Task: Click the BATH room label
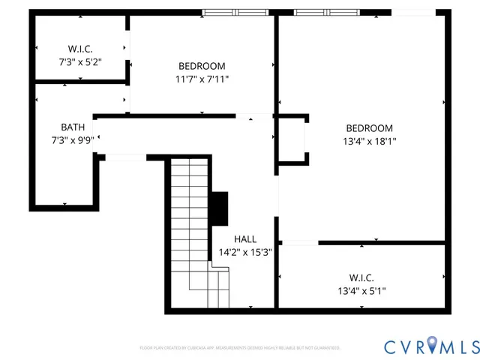point(73,127)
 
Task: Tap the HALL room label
point(245,239)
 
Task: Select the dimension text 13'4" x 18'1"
point(369,140)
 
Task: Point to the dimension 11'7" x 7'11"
point(202,78)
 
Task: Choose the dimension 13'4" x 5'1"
point(361,290)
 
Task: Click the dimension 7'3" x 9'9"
point(72,139)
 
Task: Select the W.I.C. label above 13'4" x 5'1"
point(361,277)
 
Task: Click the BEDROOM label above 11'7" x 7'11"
point(202,65)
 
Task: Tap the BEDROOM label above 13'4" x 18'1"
point(369,127)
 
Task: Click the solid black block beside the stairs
point(219,208)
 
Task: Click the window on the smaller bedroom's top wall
point(235,12)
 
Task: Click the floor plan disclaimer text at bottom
point(240,348)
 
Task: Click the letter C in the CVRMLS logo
point(391,346)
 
